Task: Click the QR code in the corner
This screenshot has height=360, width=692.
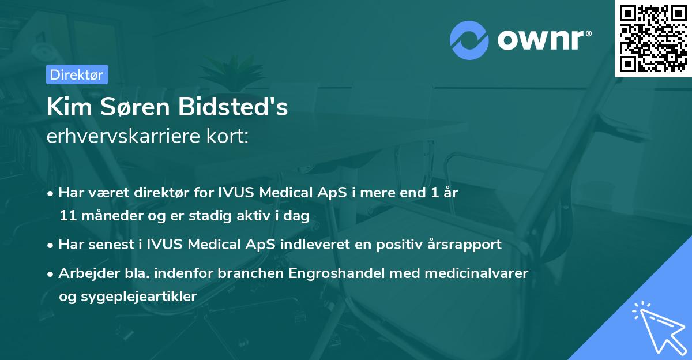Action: click(653, 38)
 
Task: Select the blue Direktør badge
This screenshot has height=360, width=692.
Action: click(77, 74)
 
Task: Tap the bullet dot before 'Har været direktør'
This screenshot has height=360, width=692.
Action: click(51, 193)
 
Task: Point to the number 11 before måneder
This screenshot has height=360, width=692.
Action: click(67, 216)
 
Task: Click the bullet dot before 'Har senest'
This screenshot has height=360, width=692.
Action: click(51, 245)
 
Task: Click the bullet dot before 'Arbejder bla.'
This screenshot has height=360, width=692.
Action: click(51, 273)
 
